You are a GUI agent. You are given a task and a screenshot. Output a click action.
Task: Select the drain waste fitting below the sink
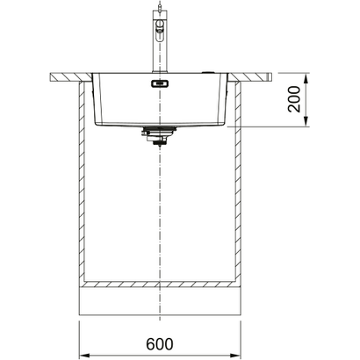(x=160, y=136)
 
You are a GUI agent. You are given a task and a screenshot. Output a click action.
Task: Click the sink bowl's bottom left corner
(x=98, y=120)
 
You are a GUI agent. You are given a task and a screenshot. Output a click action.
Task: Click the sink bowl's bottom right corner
(x=222, y=120)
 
